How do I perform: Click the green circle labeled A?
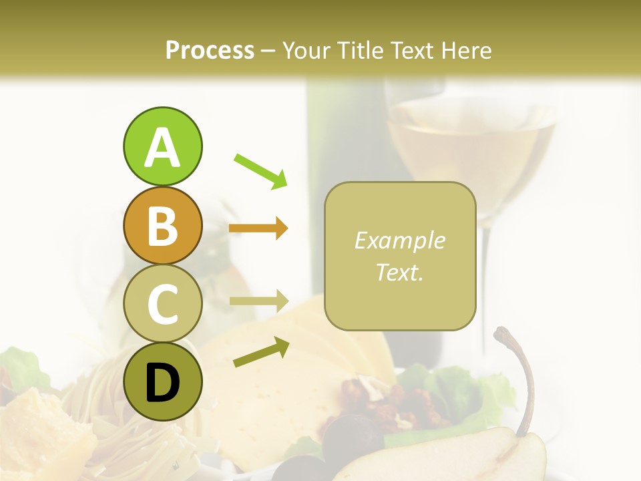tap(162, 146)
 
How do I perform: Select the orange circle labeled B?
tap(162, 225)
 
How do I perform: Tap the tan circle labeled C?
tap(162, 303)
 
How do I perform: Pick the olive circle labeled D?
tap(162, 381)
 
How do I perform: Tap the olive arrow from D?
tap(261, 352)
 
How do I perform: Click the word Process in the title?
tap(210, 50)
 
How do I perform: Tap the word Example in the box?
tap(400, 240)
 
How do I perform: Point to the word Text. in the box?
tap(400, 272)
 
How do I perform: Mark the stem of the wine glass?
tap(485, 281)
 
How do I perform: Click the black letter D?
tap(162, 383)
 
